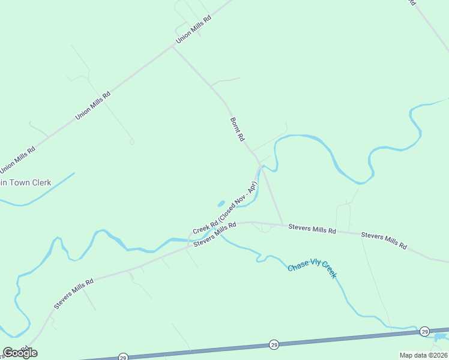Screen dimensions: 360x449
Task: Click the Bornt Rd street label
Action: (238, 129)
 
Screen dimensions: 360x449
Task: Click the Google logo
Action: (20, 352)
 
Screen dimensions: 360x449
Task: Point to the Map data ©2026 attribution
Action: (424, 355)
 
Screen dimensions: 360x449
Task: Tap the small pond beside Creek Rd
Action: (220, 203)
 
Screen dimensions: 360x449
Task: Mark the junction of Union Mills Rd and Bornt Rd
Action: (173, 47)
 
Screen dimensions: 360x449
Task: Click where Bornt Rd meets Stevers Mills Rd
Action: (283, 226)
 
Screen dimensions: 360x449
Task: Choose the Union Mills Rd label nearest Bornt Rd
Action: (194, 29)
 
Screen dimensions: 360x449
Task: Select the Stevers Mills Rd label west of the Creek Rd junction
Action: (73, 294)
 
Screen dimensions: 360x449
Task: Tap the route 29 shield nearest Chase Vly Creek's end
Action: (424, 331)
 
